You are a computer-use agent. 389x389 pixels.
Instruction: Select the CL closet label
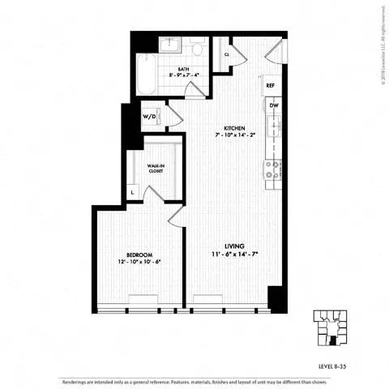pyautogui.click(x=227, y=55)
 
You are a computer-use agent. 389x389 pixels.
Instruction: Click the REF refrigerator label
pyautogui.click(x=271, y=85)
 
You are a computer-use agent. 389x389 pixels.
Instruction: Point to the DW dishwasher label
pyautogui.click(x=274, y=105)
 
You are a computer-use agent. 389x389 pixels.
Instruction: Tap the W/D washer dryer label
pyautogui.click(x=150, y=116)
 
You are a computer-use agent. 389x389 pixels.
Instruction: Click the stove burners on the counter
pyautogui.click(x=273, y=169)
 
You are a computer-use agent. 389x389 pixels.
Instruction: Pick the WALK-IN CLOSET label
pyautogui.click(x=158, y=169)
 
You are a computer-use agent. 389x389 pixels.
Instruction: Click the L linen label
pyautogui.click(x=132, y=193)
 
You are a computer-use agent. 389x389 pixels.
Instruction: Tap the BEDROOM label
pyautogui.click(x=139, y=254)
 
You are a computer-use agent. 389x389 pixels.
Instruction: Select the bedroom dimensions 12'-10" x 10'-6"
pyautogui.click(x=139, y=262)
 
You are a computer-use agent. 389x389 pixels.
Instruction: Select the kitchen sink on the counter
pyautogui.click(x=275, y=126)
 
